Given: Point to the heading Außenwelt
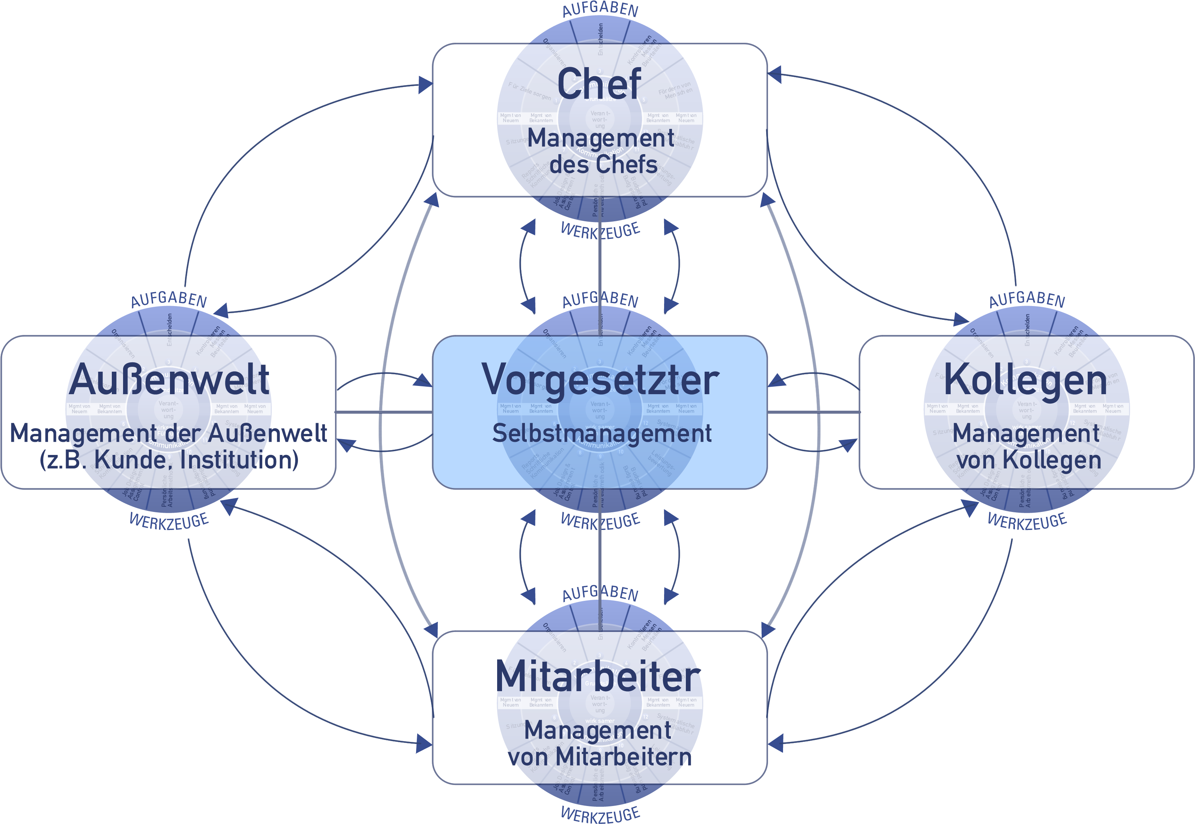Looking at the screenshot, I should (169, 380).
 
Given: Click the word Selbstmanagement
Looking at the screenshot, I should (602, 433).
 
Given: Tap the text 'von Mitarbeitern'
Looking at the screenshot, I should (600, 757).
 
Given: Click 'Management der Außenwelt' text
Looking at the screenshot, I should (168, 433).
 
